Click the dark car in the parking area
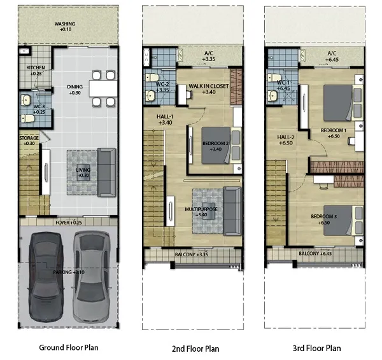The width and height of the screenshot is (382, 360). coord(46,277)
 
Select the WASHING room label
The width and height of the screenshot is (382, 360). coord(65,27)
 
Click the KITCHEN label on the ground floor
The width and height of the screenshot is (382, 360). coord(36,71)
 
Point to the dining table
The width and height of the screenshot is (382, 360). coord(103,88)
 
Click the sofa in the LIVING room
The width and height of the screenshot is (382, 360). coord(106,172)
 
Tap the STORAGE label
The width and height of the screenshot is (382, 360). coord(29,141)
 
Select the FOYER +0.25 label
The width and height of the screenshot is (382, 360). coord(69,223)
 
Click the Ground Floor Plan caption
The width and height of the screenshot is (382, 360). coord(69,347)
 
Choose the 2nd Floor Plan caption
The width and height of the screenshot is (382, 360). coord(195,349)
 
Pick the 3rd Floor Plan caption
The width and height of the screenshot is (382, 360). coord(316,349)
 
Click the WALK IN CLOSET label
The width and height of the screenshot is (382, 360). coord(209,89)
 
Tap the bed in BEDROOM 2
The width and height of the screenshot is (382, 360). coord(222,146)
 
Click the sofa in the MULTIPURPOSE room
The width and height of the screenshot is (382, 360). coord(232,211)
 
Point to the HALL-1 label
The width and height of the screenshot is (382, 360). coord(165,120)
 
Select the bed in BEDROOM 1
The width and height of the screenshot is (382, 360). coord(343,103)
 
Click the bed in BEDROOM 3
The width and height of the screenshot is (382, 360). coord(343,221)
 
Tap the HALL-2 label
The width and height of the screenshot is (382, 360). coord(285,140)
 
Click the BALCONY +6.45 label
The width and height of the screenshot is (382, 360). coord(315,253)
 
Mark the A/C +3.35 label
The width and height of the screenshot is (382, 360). coord(209,56)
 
